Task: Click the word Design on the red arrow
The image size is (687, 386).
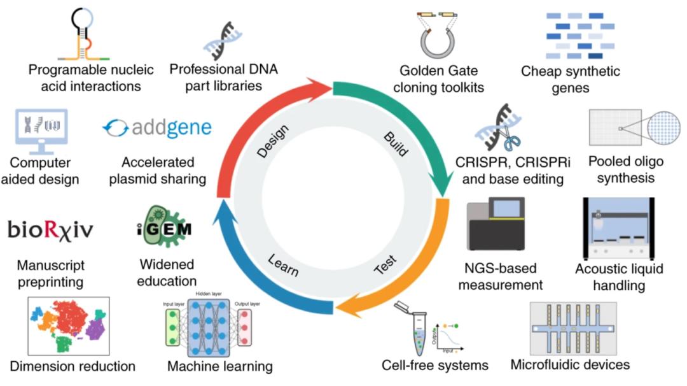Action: [x=273, y=141]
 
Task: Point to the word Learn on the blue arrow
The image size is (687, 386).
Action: [x=283, y=266]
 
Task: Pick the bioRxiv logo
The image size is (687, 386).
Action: [x=50, y=229]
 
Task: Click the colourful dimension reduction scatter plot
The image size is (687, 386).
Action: [x=69, y=325]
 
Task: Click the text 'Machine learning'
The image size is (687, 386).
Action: [x=219, y=366]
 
